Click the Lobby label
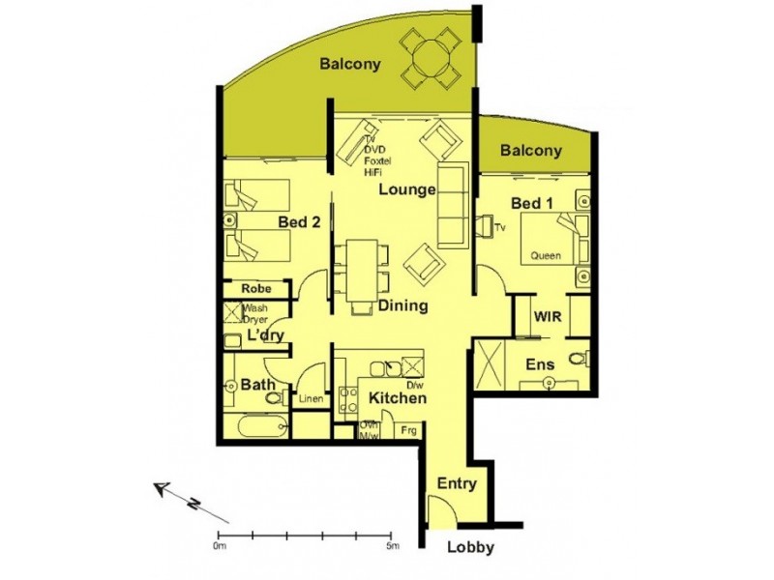click(x=471, y=548)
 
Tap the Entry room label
click(x=457, y=484)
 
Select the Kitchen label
click(x=398, y=397)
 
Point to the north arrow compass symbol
click(x=177, y=496)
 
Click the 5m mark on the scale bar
click(x=390, y=535)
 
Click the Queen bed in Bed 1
click(x=551, y=242)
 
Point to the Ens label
click(x=539, y=365)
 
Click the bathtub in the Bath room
click(x=257, y=424)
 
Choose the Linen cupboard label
click(x=311, y=399)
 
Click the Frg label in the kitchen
click(x=408, y=429)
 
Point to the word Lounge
click(x=406, y=189)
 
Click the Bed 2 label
click(x=299, y=222)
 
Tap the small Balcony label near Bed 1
click(x=531, y=151)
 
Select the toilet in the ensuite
click(x=578, y=360)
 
